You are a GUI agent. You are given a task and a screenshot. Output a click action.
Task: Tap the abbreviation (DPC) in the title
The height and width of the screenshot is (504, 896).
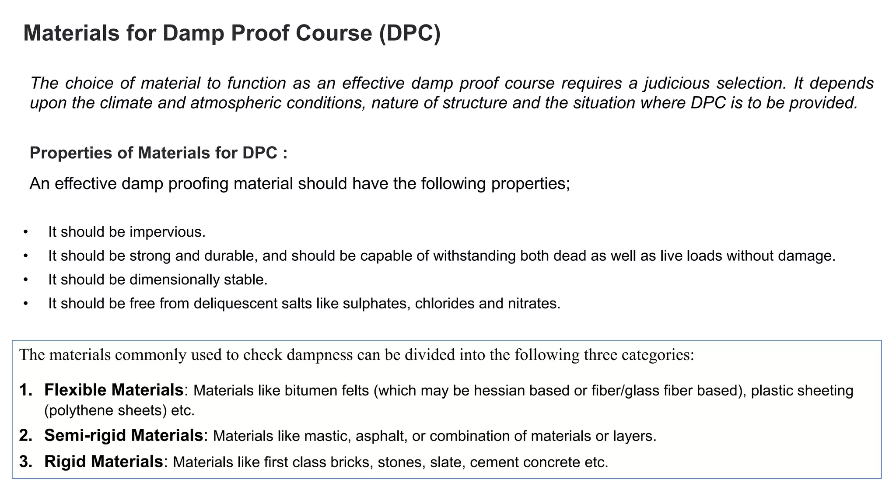click(409, 33)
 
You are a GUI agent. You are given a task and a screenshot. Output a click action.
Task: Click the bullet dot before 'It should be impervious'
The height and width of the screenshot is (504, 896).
click(26, 232)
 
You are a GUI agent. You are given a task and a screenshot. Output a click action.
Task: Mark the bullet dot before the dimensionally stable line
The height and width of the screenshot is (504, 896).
click(26, 280)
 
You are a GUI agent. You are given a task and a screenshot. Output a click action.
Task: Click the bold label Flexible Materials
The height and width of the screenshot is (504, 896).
click(114, 390)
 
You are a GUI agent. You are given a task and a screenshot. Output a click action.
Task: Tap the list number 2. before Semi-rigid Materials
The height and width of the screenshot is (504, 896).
click(26, 435)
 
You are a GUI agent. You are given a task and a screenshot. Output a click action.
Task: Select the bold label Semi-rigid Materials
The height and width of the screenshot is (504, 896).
click(123, 435)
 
